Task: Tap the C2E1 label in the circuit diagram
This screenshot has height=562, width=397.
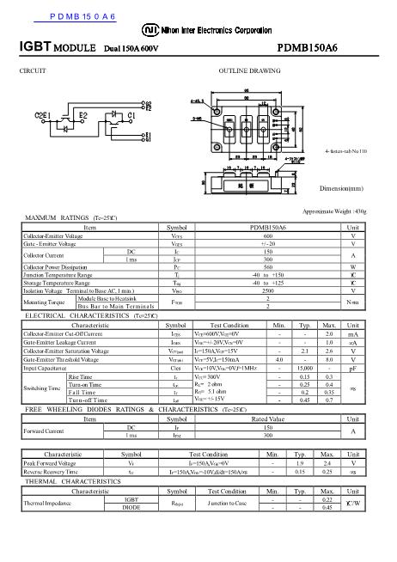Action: point(44,113)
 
